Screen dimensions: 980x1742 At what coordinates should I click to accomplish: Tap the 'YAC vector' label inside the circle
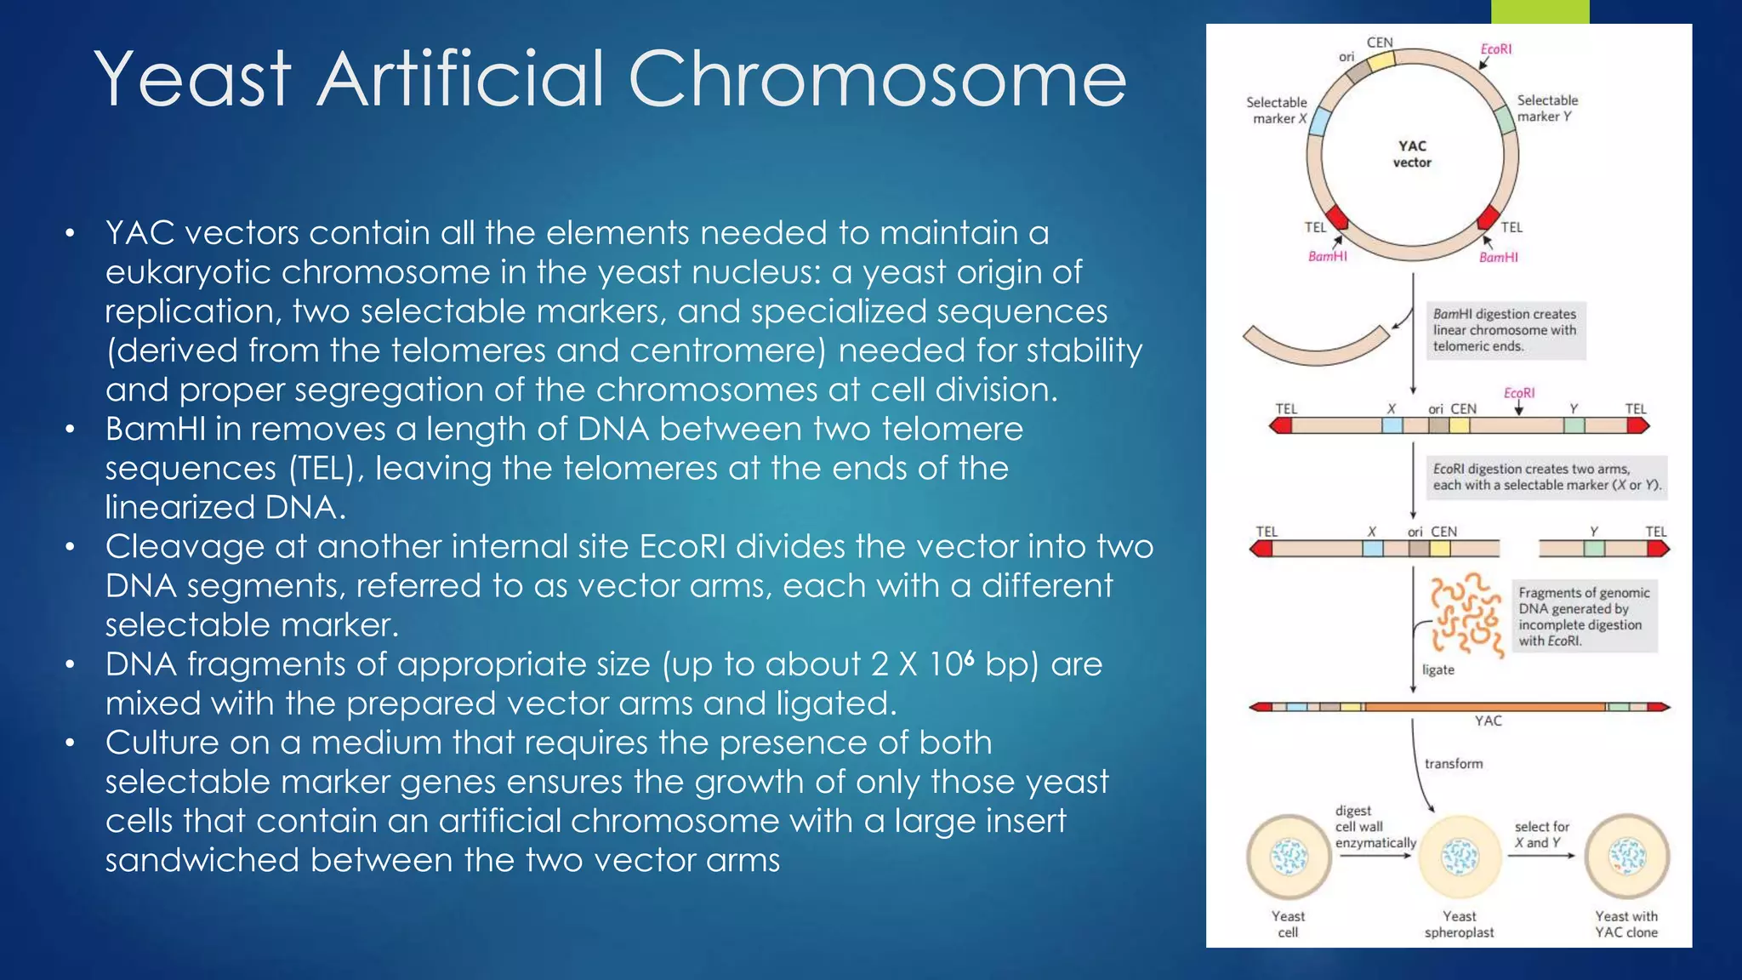click(1412, 154)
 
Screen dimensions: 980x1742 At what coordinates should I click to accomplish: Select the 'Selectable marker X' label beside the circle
click(1277, 111)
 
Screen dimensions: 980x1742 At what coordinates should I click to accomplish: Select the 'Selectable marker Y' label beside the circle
click(1546, 108)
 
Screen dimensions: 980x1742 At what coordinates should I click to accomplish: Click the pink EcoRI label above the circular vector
click(1496, 49)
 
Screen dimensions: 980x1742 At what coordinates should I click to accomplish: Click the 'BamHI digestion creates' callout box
click(1505, 330)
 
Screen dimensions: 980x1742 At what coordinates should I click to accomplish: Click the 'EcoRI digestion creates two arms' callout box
click(1545, 477)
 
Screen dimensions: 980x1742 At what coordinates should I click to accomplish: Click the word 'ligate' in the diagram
click(1438, 670)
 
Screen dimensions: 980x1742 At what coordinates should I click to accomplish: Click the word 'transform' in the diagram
click(1454, 764)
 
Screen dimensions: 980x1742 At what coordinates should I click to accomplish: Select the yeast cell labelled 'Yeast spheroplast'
click(1460, 857)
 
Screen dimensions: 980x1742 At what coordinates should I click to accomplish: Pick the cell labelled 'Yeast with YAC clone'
click(1627, 857)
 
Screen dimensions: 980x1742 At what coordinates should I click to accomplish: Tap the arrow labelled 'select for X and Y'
click(1542, 855)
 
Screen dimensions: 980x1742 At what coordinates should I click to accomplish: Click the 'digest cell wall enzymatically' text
click(1375, 827)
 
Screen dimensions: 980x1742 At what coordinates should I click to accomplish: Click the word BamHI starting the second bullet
click(155, 429)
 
